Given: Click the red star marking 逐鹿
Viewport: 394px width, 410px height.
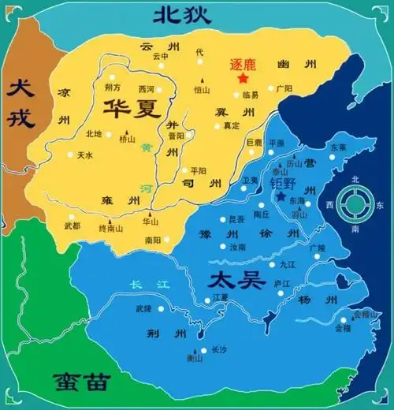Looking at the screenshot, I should (x=243, y=79).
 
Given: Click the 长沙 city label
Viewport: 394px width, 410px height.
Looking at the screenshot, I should (x=221, y=349).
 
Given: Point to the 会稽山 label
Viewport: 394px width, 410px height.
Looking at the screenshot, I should (x=366, y=314).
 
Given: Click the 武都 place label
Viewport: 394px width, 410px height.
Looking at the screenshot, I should (x=72, y=226).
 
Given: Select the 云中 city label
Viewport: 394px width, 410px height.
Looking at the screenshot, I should (x=161, y=57).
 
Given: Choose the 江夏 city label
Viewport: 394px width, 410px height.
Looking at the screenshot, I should (x=221, y=297).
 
